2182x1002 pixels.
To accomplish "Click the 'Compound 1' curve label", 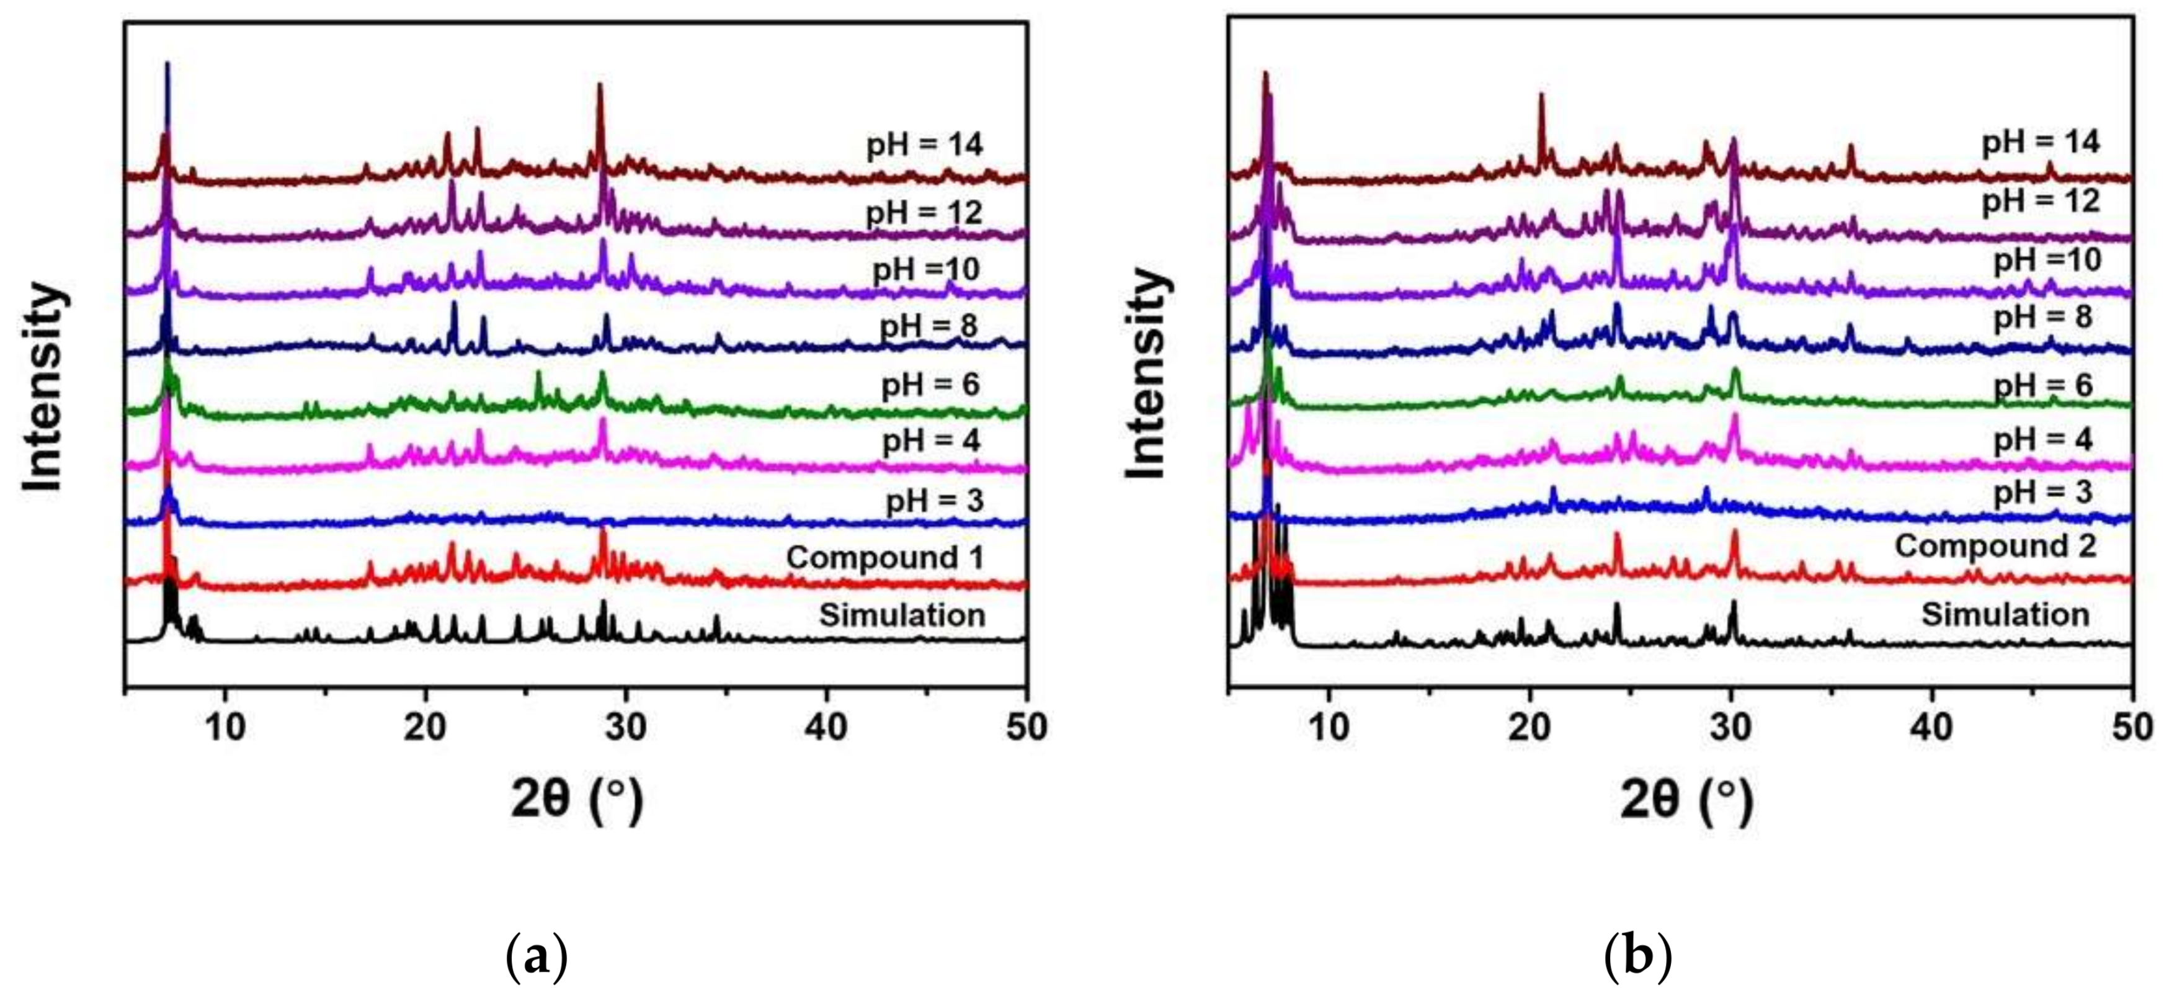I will click(884, 557).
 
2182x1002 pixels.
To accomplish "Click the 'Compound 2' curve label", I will click(1995, 545).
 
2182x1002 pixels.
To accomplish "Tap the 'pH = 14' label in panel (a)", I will click(924, 145).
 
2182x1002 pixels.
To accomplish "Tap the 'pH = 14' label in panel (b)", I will click(2040, 141).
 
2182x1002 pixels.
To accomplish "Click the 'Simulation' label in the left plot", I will click(901, 615).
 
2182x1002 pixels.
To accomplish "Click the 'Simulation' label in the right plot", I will click(2005, 614).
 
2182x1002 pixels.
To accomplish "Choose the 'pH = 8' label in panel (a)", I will click(928, 326).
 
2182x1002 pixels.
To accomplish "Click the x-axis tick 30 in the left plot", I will click(626, 728).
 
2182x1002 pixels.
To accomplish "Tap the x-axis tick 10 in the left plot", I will click(225, 728).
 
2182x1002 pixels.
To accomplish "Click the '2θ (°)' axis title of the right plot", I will click(1686, 800).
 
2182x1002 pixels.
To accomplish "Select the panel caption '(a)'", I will click(535, 958).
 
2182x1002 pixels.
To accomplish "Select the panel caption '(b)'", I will click(1637, 958).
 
